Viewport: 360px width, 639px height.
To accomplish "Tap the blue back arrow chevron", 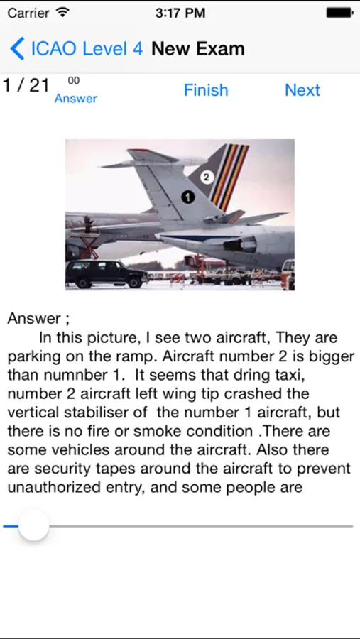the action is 17,48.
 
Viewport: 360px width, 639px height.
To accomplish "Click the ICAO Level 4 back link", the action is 87,49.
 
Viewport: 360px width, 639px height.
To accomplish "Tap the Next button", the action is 302,90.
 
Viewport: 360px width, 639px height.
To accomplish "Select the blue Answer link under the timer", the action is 76,98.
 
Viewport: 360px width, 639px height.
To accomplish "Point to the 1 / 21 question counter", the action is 26,86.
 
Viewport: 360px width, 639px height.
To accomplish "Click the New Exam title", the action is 197,49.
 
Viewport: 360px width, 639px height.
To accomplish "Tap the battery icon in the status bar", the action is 339,13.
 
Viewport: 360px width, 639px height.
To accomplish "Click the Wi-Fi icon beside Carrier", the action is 62,13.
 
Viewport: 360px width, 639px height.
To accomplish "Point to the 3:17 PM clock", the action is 180,13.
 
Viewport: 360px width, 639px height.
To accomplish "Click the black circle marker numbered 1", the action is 187,197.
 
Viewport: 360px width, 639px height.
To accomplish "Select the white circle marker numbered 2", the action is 207,177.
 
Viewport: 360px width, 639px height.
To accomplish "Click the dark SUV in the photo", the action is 106,274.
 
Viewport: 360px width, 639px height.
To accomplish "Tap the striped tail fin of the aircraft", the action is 220,175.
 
